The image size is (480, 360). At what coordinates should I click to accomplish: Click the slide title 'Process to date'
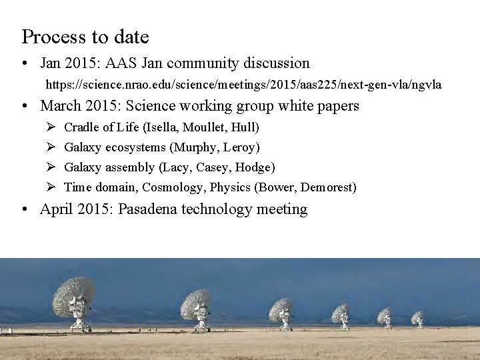85,37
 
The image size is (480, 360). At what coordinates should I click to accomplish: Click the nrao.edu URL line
243,85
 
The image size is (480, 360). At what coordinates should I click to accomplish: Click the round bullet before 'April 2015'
25,210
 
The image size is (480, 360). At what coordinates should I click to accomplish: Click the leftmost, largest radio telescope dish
77,300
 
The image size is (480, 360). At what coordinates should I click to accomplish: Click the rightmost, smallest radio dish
417,317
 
